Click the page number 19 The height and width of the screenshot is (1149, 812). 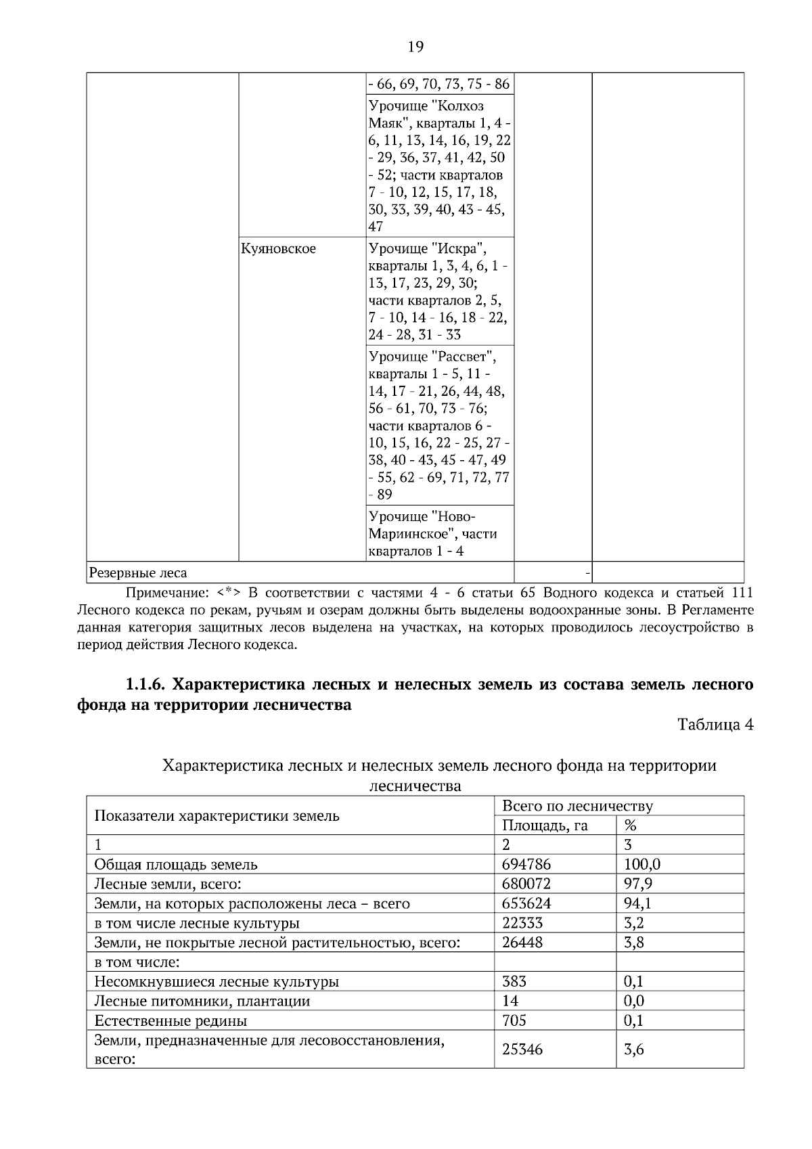pos(415,47)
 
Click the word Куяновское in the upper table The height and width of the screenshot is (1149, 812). pos(278,249)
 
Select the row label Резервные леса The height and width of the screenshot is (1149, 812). pos(138,573)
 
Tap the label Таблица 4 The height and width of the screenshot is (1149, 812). pos(715,725)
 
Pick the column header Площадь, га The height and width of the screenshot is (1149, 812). pos(545,826)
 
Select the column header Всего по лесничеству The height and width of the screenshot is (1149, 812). pos(577,806)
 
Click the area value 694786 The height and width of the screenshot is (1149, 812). pos(526,864)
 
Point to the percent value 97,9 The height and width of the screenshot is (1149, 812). pos(638,884)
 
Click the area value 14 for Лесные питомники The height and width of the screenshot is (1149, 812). pos(510,1001)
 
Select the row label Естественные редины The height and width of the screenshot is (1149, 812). pos(171,1020)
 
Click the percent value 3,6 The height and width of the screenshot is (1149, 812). pos(634,1050)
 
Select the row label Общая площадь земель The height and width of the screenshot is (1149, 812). pos(176,864)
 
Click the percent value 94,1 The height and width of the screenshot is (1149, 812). pos(638,903)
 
